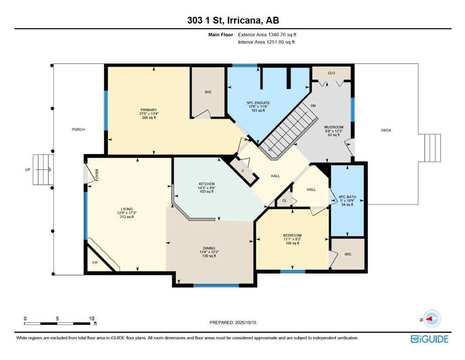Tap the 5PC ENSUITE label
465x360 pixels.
(x=258, y=103)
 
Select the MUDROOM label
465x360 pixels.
(x=334, y=127)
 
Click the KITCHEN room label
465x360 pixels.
(x=206, y=184)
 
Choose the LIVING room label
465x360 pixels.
(x=126, y=209)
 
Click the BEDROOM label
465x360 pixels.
(x=292, y=235)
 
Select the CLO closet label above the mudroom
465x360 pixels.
(x=331, y=73)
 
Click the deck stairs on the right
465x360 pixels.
(x=432, y=148)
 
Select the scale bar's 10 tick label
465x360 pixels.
(x=91, y=318)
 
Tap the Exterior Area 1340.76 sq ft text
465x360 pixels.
(x=267, y=34)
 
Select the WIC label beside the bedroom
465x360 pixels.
(x=348, y=254)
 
